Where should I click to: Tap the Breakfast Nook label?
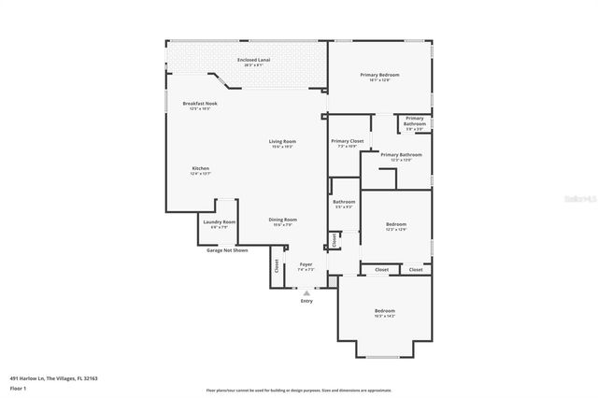click(x=200, y=103)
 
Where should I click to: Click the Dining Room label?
click(x=283, y=220)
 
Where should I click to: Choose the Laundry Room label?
click(x=222, y=221)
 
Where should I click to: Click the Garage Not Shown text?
click(x=227, y=249)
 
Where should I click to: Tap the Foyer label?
click(x=306, y=265)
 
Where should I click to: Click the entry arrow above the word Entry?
click(x=306, y=292)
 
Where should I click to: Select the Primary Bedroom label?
click(x=380, y=75)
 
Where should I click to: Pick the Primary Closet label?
click(x=347, y=141)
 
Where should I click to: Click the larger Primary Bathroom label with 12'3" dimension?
click(x=401, y=154)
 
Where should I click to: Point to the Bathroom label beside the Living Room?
click(x=344, y=202)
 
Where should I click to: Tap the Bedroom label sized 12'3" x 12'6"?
click(x=396, y=224)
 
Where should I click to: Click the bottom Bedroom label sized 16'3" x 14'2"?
click(x=385, y=311)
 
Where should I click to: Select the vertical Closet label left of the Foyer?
click(x=277, y=265)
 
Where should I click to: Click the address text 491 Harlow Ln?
click(x=53, y=377)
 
